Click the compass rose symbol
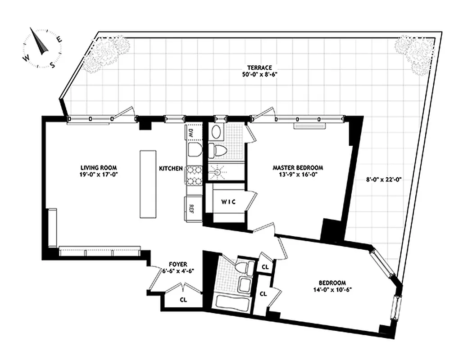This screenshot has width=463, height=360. click(42, 49)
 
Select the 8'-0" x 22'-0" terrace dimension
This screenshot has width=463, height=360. click(383, 179)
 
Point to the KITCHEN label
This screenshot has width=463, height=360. click(171, 169)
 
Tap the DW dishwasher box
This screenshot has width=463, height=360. click(191, 133)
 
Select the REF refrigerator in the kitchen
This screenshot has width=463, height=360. click(191, 209)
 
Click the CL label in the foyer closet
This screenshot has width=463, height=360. click(183, 299)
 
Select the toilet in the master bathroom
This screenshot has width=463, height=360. click(220, 150)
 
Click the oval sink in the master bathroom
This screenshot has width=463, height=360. click(217, 132)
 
